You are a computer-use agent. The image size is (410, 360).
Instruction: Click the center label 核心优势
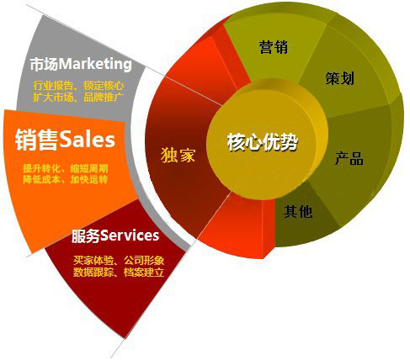(x=262, y=142)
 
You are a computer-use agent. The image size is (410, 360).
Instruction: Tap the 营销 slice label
(x=274, y=47)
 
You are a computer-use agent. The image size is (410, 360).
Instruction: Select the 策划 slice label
(x=340, y=78)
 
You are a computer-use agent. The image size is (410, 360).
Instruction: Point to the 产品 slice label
(x=349, y=158)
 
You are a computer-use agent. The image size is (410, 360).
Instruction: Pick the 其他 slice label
(x=298, y=211)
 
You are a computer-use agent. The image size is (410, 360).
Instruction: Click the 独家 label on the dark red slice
(x=178, y=155)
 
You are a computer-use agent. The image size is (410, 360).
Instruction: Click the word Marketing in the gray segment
(x=95, y=64)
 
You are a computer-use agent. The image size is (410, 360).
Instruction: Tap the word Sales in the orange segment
(x=88, y=139)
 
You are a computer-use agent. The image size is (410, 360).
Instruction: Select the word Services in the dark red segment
(x=130, y=236)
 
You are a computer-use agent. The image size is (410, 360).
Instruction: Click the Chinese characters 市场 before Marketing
(x=44, y=64)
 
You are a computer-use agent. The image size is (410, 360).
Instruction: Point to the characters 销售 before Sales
(x=37, y=140)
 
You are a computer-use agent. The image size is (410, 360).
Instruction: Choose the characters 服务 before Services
(x=86, y=236)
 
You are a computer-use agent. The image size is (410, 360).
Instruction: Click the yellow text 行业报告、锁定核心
(x=78, y=86)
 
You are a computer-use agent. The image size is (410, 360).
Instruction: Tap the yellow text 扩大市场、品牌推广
(x=78, y=98)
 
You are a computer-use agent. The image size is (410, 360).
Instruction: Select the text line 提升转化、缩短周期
(x=66, y=168)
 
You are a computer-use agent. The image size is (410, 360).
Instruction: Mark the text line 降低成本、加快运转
(x=66, y=179)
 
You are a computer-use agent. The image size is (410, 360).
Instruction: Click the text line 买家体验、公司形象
(x=119, y=261)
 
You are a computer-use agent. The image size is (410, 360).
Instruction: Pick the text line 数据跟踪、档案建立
(x=119, y=273)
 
